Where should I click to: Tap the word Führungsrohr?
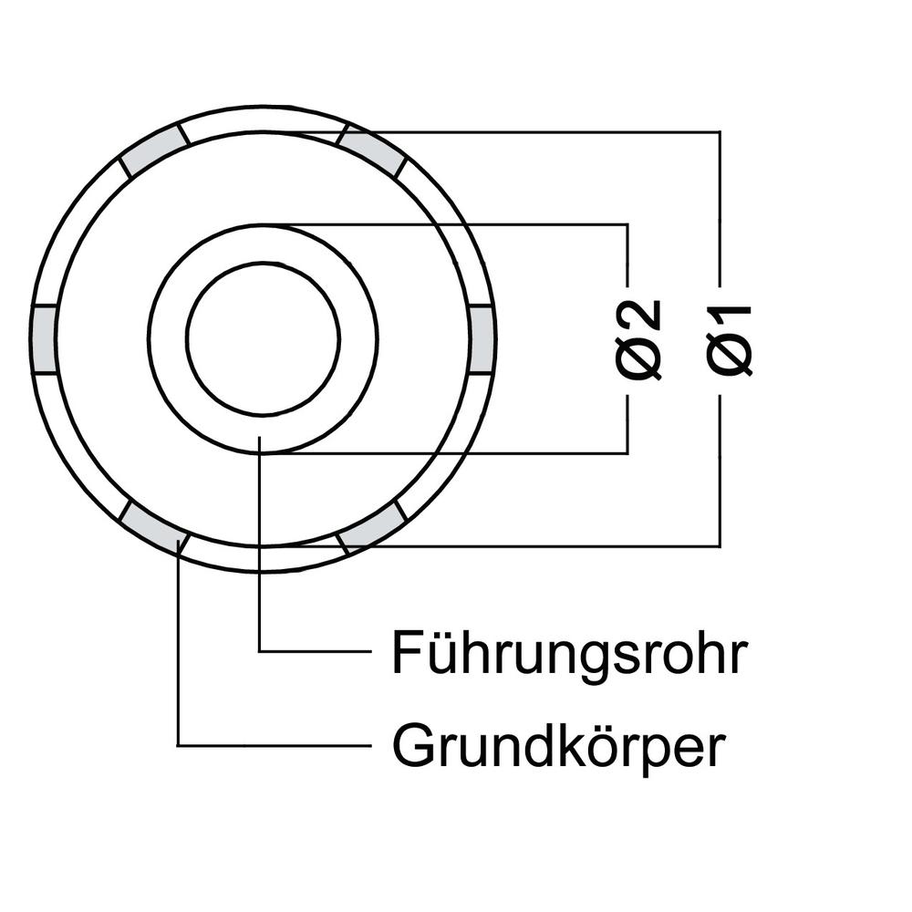click(x=569, y=652)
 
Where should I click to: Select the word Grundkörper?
click(x=558, y=748)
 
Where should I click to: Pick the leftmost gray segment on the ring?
click(x=43, y=338)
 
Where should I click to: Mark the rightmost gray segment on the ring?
click(x=482, y=338)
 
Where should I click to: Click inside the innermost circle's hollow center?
click(x=263, y=338)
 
